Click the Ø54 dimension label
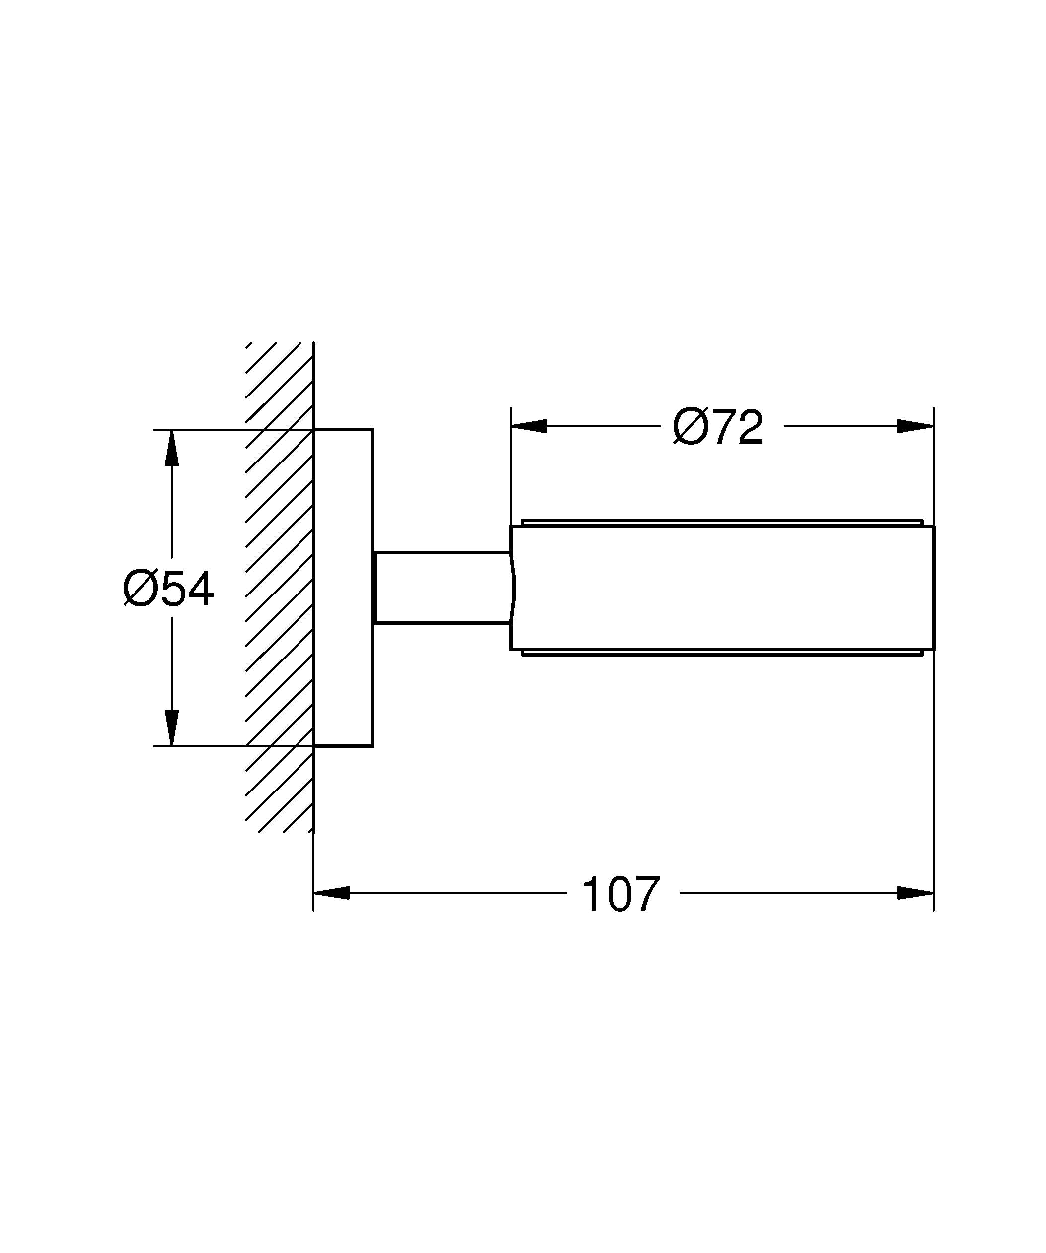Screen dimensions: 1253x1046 (168, 589)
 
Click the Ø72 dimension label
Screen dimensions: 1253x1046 (718, 427)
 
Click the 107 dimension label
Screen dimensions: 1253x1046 (620, 894)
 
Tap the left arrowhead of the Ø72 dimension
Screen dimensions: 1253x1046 (528, 426)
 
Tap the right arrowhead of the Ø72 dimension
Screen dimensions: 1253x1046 (915, 426)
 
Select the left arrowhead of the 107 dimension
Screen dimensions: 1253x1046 (331, 893)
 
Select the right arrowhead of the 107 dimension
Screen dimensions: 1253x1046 (915, 893)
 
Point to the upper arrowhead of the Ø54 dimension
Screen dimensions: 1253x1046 (172, 448)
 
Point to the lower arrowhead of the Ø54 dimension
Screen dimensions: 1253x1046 (172, 727)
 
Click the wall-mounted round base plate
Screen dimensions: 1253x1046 (343, 588)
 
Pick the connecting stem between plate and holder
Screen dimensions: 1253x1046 (442, 588)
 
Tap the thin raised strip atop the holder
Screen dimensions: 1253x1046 (722, 523)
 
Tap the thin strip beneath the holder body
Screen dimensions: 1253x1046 (722, 652)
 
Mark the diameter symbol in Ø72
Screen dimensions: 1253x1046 (689, 427)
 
